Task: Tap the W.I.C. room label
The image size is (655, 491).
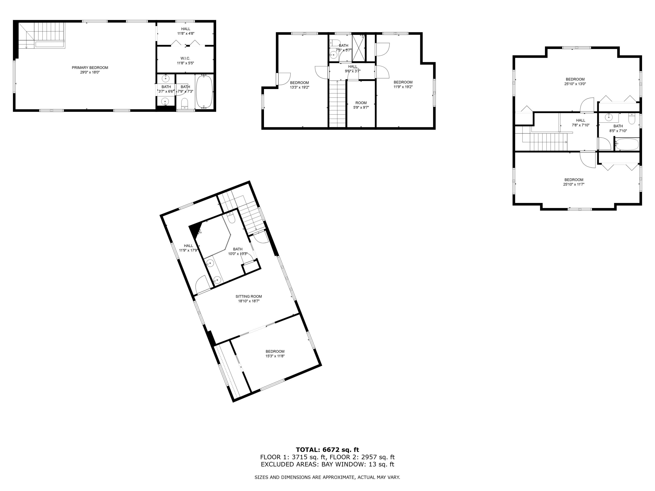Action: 185,58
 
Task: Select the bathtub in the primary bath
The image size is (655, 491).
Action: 204,92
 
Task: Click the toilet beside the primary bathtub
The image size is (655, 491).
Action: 185,103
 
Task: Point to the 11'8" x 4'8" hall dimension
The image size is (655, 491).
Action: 186,33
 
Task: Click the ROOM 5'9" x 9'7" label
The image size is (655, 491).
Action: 361,103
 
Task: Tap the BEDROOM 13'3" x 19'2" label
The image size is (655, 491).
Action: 299,83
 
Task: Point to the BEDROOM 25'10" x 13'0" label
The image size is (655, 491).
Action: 575,79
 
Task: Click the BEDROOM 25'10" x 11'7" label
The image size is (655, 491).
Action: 574,180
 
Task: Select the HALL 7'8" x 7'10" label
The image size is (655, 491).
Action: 580,120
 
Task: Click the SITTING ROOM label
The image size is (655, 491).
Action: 249,296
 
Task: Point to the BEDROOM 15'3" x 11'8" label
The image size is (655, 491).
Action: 275,352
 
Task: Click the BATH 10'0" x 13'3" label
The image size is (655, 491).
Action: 238,249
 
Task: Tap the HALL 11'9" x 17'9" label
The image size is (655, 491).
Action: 188,246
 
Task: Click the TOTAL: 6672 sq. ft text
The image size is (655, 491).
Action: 327,450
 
